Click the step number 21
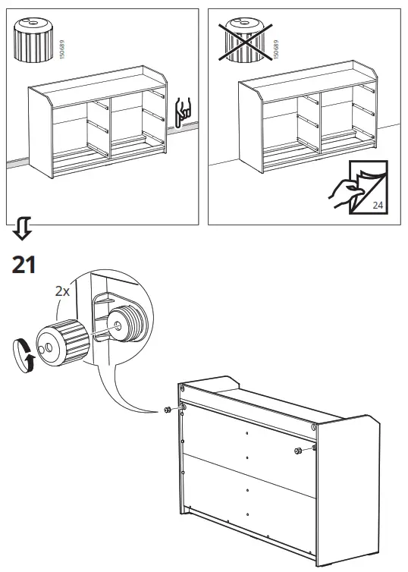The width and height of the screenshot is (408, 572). tap(24, 265)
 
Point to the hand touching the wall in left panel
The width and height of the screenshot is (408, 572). tap(182, 112)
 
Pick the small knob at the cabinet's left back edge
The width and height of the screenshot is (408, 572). tap(166, 410)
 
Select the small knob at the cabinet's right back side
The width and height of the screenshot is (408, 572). tap(297, 451)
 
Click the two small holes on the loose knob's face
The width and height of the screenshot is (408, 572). tap(47, 347)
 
